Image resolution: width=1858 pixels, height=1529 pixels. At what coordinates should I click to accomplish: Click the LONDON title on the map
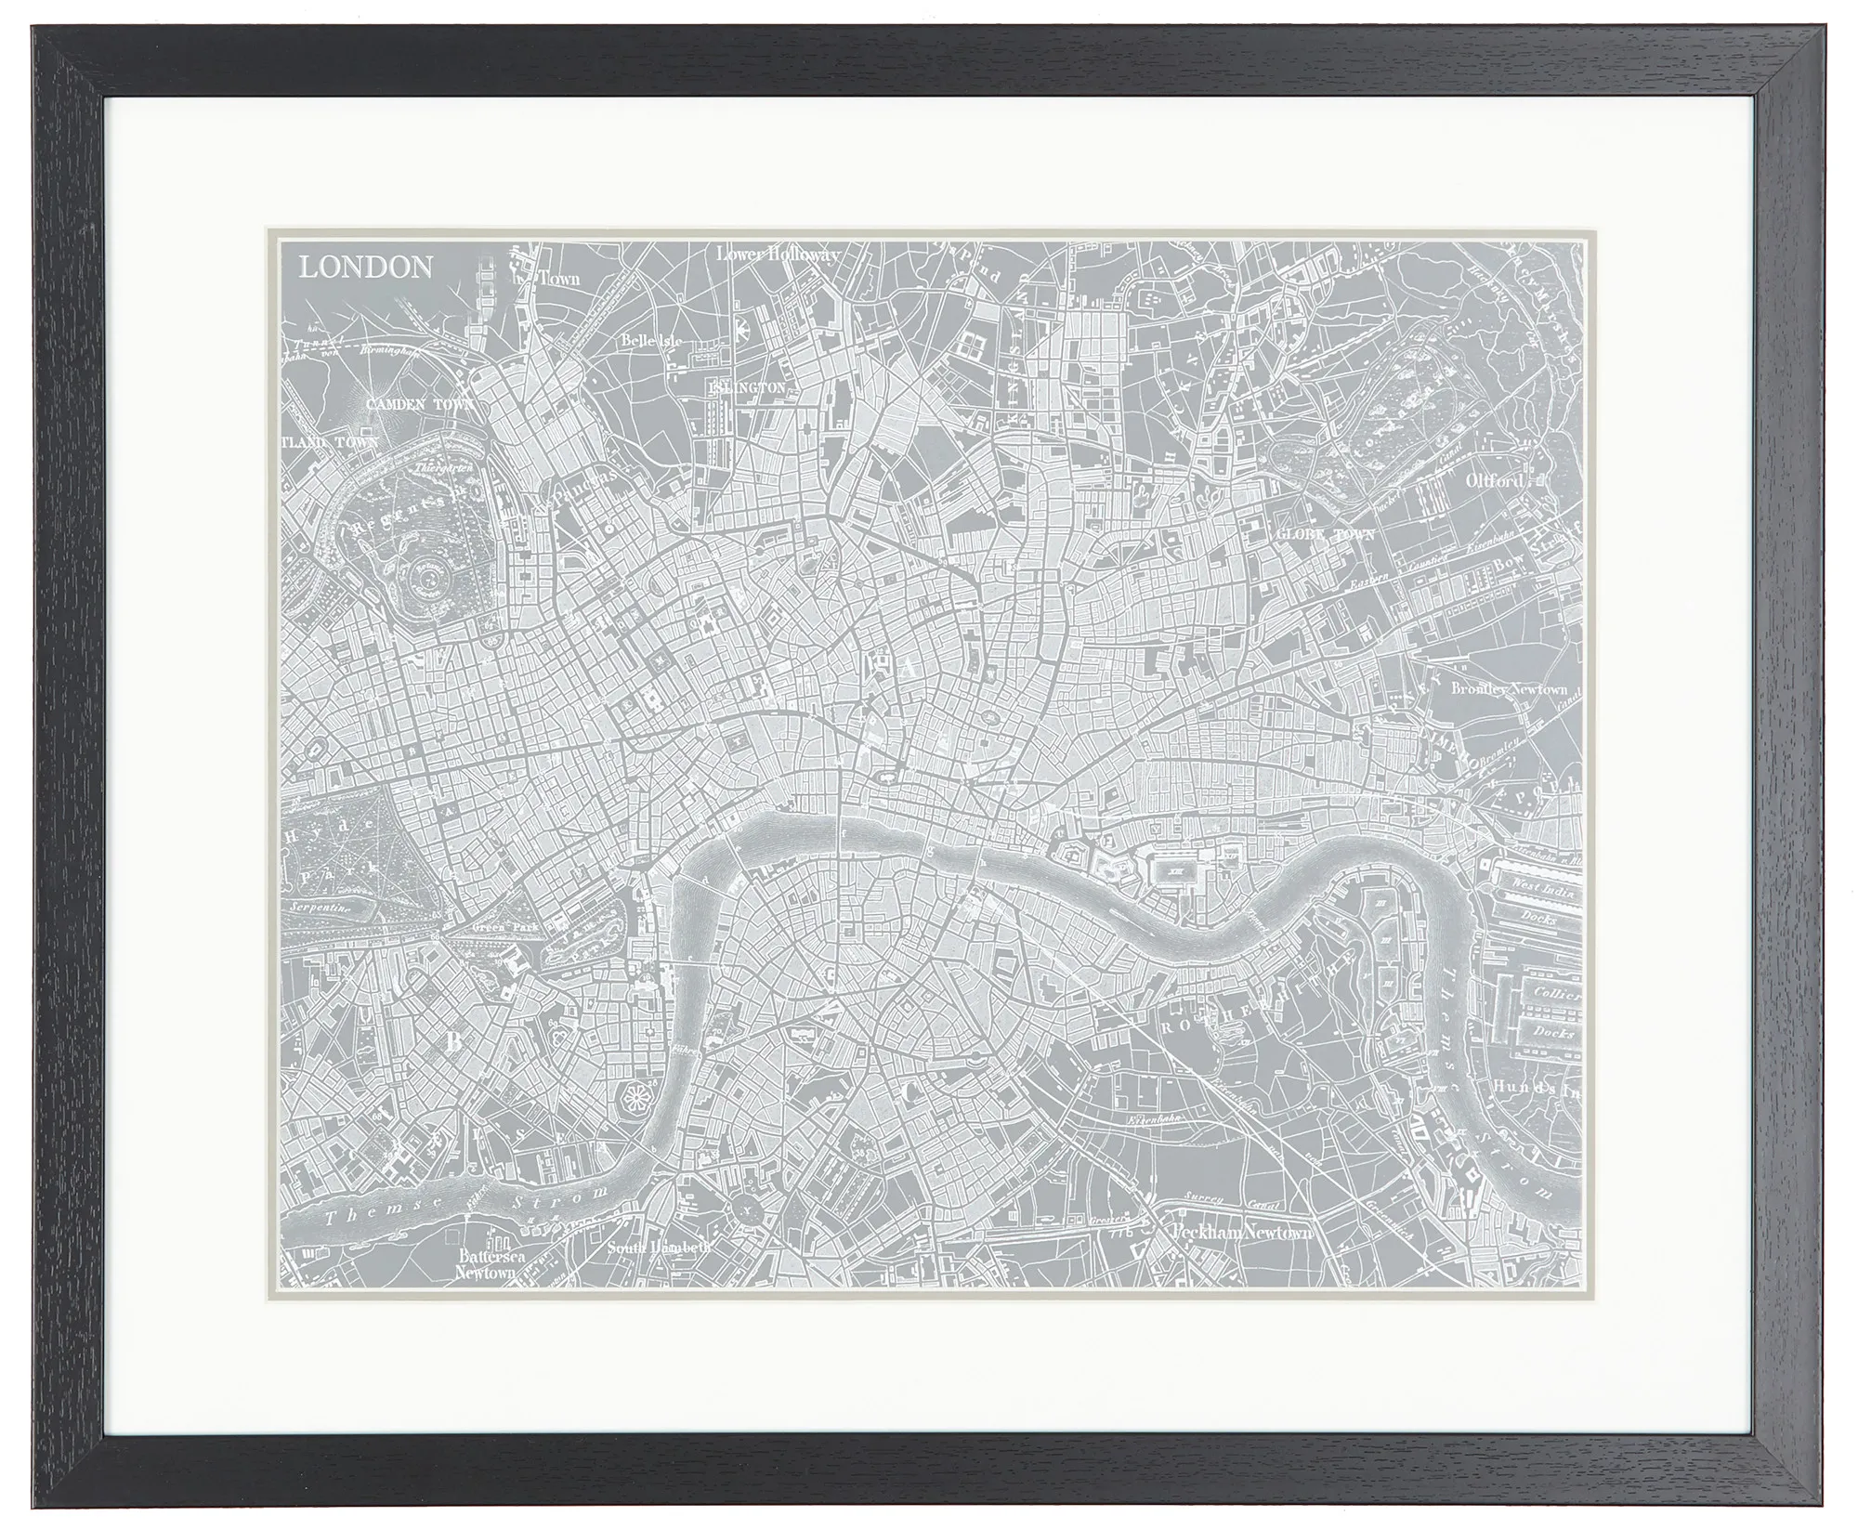[x=365, y=268]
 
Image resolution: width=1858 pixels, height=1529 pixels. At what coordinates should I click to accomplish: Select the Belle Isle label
[x=652, y=341]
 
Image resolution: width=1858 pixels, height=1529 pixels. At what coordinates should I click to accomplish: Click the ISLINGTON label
[x=749, y=386]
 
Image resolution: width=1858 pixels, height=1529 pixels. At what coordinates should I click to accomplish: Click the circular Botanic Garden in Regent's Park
[x=428, y=581]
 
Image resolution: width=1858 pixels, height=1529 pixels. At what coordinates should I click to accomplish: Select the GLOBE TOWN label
[x=1320, y=536]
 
